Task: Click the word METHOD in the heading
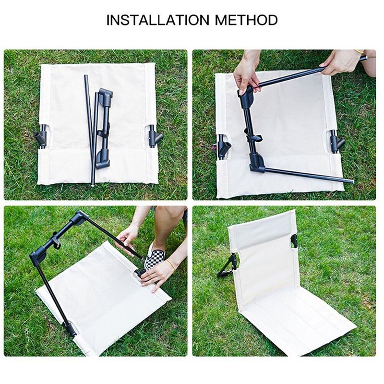[x=246, y=20]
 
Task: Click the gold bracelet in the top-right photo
[x=360, y=51]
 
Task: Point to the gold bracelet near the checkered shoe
[x=171, y=266]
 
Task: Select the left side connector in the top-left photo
[x=42, y=137]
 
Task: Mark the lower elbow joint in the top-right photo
[x=257, y=163]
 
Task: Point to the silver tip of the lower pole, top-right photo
[x=352, y=181]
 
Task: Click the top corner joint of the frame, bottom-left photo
[x=80, y=217]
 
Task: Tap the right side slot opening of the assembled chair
[x=294, y=241]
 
